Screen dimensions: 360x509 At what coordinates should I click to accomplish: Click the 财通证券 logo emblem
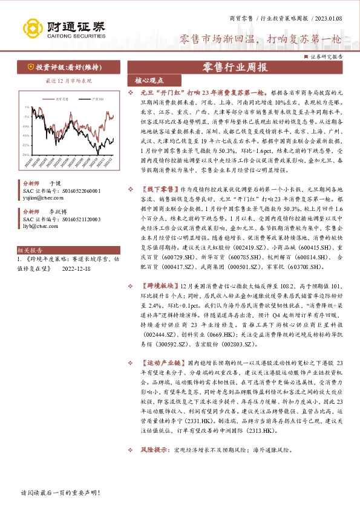pos(31,28)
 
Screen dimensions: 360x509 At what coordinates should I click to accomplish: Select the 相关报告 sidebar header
pos(28,249)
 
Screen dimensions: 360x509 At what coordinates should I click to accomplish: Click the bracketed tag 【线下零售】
pos(159,189)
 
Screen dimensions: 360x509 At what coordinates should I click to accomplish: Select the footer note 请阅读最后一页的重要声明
pos(59,493)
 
